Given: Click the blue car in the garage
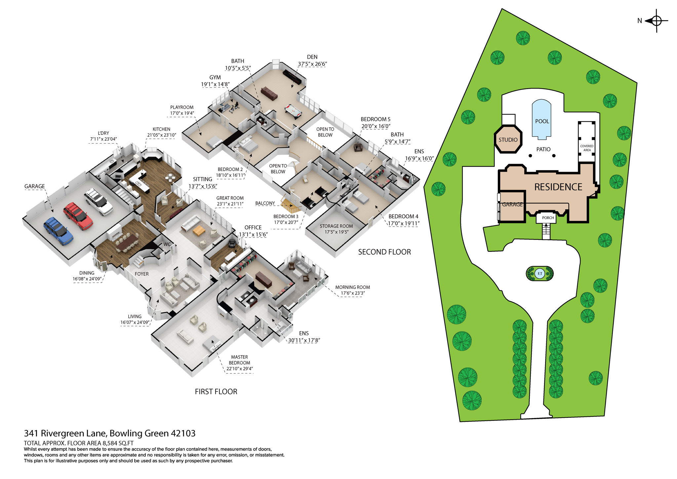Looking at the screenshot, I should click(x=58, y=230).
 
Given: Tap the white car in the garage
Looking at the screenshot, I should click(x=98, y=201).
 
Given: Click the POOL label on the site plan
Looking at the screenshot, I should click(x=542, y=121).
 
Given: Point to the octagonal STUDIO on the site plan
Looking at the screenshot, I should click(x=508, y=139).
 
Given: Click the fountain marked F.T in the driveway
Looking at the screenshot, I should click(x=540, y=274).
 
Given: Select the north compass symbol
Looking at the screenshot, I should click(x=656, y=21).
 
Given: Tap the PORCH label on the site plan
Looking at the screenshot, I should click(x=548, y=218).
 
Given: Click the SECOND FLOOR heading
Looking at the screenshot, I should click(x=384, y=252).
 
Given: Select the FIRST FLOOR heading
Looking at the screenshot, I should click(x=216, y=392).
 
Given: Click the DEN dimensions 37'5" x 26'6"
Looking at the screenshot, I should click(x=312, y=64).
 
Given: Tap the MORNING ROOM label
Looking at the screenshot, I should click(x=352, y=287).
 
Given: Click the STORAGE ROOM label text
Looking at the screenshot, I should click(x=336, y=226).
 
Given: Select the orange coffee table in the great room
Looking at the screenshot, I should click(x=199, y=230).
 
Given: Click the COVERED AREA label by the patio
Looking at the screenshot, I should click(x=587, y=148).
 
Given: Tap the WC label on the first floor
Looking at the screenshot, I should click(x=167, y=244).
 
